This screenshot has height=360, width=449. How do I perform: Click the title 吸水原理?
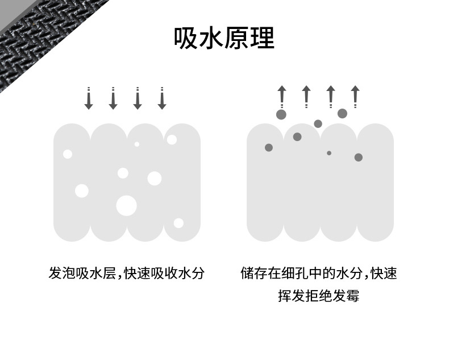point(224,38)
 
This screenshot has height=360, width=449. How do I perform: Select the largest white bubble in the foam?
point(127,205)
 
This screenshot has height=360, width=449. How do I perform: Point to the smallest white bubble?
point(137,144)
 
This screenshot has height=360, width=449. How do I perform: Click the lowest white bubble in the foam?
point(178,223)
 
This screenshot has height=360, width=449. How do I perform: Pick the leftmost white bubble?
point(68,154)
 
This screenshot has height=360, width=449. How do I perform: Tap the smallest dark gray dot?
point(329,153)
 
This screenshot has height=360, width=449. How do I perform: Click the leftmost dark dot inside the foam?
point(269,148)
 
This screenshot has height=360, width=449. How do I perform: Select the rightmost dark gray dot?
point(359,158)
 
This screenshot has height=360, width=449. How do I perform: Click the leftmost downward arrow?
point(89,98)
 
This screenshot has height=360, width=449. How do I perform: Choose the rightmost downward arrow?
point(162,98)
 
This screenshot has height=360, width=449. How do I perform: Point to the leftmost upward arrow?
point(282,97)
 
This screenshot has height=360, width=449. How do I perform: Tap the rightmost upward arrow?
point(355,97)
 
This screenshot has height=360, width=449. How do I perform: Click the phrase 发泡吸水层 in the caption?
point(82,273)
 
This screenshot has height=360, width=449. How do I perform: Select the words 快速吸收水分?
point(164,273)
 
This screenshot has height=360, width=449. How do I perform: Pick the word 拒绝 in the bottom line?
point(319,296)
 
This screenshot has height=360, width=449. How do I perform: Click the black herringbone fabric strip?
point(43,38)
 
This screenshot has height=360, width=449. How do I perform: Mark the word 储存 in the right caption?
point(254,273)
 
